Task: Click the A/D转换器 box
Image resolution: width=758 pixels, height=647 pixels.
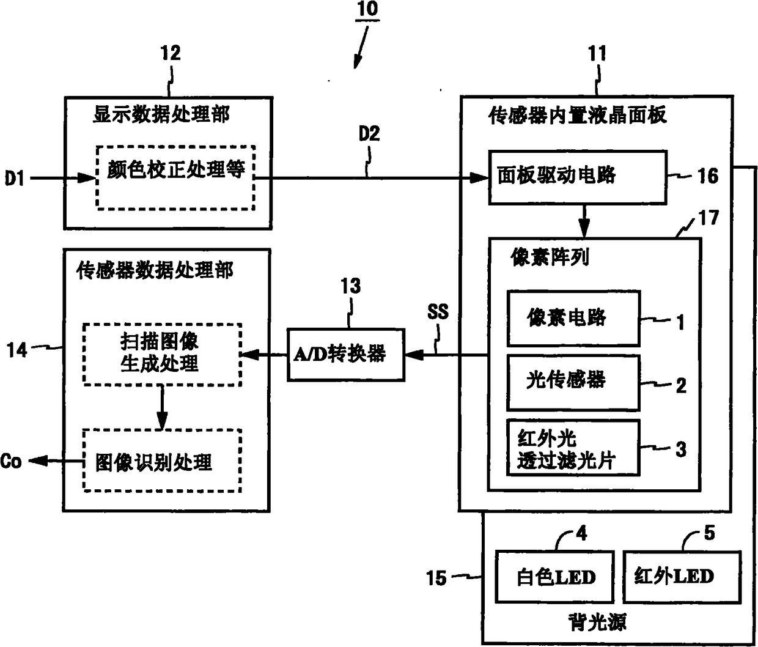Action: [346, 355]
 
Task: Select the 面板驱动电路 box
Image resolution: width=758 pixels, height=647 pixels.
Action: [578, 177]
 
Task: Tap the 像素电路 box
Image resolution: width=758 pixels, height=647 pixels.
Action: [573, 318]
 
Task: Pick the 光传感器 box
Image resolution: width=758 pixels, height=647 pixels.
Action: [573, 382]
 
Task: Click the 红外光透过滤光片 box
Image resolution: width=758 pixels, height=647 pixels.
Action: [573, 448]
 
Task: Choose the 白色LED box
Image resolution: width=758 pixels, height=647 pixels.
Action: [554, 577]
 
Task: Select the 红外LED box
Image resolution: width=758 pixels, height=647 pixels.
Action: [682, 577]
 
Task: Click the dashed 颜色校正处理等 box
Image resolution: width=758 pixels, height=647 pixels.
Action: [175, 177]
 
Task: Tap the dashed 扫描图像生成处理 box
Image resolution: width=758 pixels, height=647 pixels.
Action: [162, 354]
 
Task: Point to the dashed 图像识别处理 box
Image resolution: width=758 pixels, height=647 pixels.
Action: [162, 460]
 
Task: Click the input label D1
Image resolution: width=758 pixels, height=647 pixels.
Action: [14, 179]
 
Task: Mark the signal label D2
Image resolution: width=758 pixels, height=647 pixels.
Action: [369, 133]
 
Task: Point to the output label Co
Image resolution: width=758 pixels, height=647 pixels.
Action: [11, 461]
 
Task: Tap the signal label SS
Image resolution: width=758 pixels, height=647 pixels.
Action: [438, 312]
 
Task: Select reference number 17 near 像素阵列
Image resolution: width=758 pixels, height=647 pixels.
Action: [709, 218]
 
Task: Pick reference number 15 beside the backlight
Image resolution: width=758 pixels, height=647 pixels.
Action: [436, 579]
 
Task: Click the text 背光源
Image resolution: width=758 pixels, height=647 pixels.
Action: [597, 622]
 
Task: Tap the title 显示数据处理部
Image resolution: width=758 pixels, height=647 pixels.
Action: [161, 114]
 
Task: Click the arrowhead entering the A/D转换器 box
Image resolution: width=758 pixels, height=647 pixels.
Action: [413, 355]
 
